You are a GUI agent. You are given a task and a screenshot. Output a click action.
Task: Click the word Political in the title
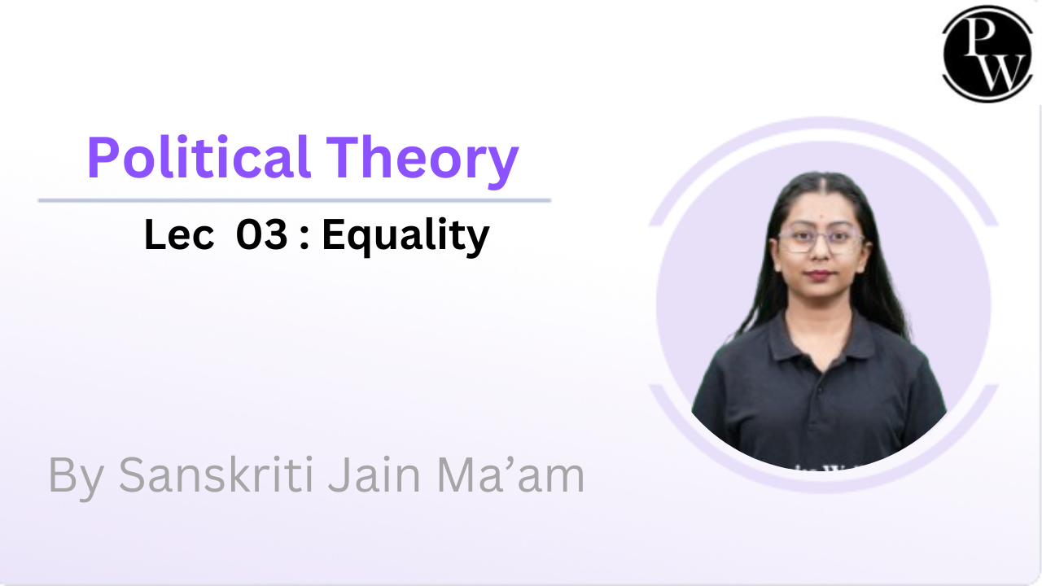[x=199, y=157]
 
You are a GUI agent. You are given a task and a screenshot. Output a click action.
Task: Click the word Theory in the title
[x=422, y=161]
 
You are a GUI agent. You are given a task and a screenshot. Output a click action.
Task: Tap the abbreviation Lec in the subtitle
[x=179, y=235]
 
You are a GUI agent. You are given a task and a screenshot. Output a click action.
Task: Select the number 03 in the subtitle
[x=262, y=235]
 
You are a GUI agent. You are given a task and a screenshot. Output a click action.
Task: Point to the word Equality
[x=405, y=237]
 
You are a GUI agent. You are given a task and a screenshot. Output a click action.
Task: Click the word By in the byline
[x=77, y=478]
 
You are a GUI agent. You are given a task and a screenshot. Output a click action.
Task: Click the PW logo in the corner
[x=987, y=54]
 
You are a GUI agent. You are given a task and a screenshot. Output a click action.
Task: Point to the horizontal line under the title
[x=295, y=200]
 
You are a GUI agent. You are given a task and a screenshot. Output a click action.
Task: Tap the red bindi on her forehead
[x=821, y=216]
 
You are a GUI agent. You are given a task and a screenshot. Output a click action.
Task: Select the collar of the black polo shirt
[x=820, y=338]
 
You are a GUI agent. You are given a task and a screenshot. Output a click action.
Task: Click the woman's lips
[x=819, y=274]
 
